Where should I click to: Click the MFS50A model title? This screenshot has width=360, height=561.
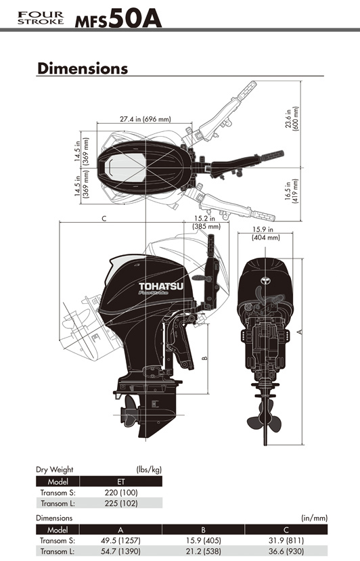coord(118,18)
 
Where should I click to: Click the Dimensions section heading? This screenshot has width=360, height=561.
coord(83,68)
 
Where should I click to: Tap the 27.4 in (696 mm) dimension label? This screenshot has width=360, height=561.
coord(145,119)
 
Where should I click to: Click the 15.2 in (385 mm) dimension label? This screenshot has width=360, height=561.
coord(206,222)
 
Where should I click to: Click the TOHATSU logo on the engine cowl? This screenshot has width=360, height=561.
coord(160,286)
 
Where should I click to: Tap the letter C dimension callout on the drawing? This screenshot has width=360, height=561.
coord(104,219)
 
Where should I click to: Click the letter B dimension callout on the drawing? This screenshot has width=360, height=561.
coord(204,358)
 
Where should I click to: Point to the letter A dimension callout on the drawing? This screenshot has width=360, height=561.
coord(300,332)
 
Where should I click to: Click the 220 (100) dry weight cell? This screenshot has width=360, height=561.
coord(121,492)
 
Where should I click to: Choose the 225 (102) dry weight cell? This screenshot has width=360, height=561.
coord(121,503)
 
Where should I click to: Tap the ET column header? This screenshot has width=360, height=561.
coord(121,482)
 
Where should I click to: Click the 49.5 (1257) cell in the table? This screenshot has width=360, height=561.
coord(120,540)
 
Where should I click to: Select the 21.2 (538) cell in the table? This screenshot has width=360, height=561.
coord(204,552)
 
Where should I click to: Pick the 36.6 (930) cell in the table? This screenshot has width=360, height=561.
coord(286,552)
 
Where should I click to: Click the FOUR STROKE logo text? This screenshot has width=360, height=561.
coord(41,18)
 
